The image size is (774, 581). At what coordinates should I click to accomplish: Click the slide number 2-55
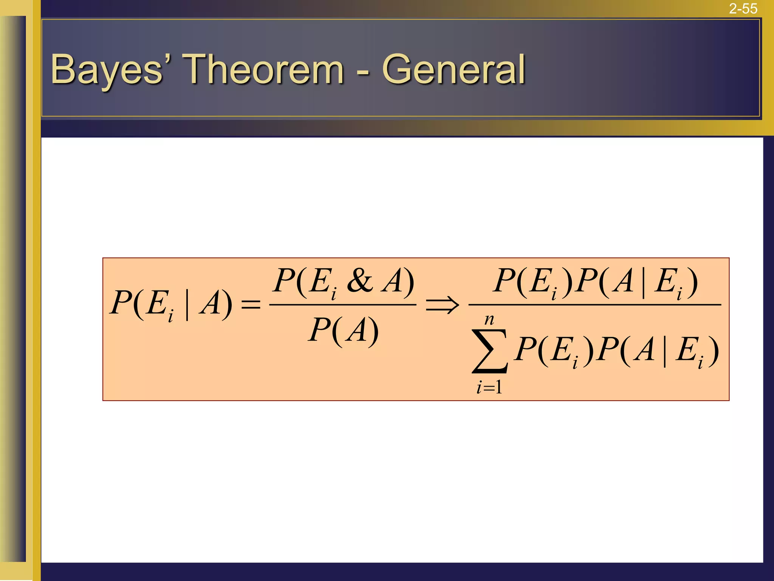pyautogui.click(x=743, y=8)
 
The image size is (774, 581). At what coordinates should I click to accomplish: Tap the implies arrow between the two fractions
pyautogui.click(x=442, y=304)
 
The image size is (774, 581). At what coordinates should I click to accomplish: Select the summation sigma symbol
pyautogui.click(x=489, y=351)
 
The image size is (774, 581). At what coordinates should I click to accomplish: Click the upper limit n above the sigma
pyautogui.click(x=489, y=320)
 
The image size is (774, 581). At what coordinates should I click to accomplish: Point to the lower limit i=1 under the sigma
pyautogui.click(x=489, y=387)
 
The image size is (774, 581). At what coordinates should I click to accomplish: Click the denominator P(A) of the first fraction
pyautogui.click(x=343, y=330)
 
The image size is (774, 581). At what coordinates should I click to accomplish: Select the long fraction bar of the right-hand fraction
pyautogui.click(x=594, y=304)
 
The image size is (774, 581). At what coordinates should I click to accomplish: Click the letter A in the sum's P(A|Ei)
pyautogui.click(x=644, y=350)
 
